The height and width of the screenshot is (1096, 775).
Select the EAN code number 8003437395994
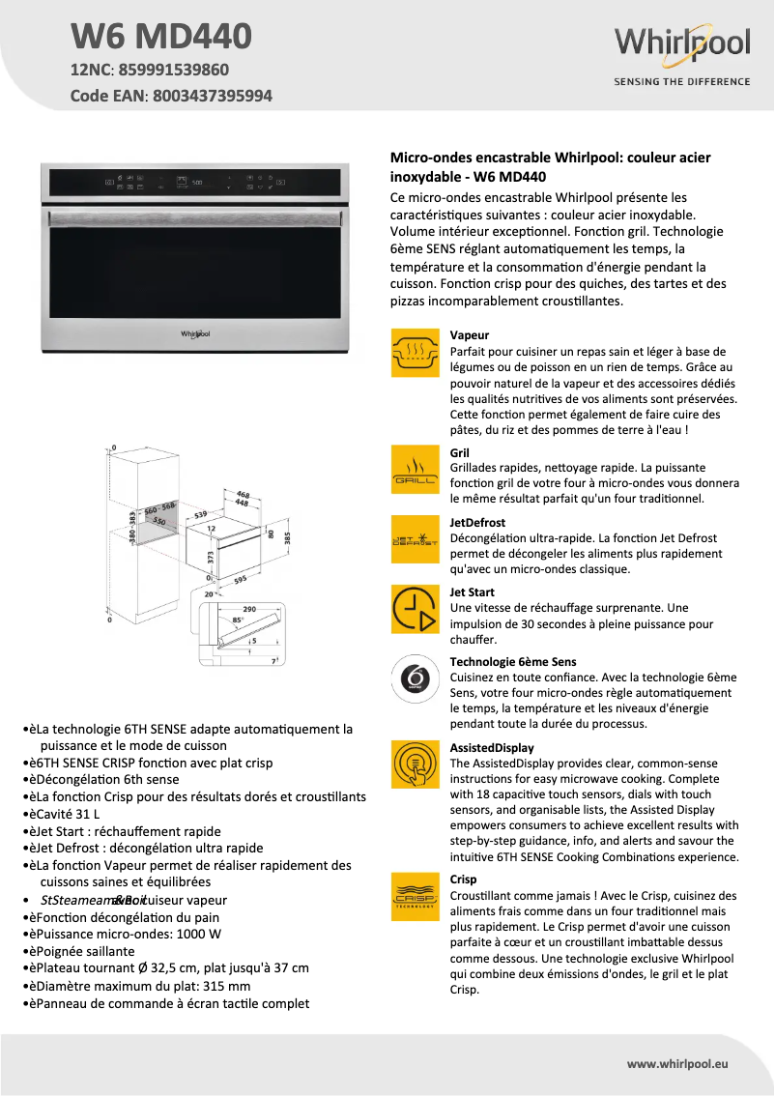click(x=212, y=96)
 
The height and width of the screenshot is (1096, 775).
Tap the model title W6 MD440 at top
click(x=161, y=36)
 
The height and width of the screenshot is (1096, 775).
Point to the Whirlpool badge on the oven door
click(x=195, y=333)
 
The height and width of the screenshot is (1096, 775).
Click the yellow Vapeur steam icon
click(x=415, y=352)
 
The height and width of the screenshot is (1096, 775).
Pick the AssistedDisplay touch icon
click(x=415, y=764)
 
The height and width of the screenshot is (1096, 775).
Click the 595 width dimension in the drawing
click(x=240, y=580)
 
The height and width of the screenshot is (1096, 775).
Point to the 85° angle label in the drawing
click(x=238, y=620)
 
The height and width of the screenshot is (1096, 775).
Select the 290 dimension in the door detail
click(x=248, y=609)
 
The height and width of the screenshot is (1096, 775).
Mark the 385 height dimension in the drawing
click(x=286, y=536)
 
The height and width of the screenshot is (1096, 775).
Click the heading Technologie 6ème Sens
click(x=512, y=662)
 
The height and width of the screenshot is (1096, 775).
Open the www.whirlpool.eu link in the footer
click(x=676, y=1063)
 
